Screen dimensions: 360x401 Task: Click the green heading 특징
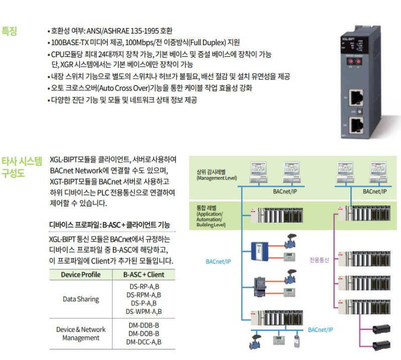pyautogui.click(x=10, y=31)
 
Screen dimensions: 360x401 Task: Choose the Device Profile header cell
pyautogui.click(x=81, y=275)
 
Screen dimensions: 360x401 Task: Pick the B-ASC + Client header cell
pyautogui.click(x=144, y=275)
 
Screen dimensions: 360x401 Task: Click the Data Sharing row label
pyautogui.click(x=81, y=299)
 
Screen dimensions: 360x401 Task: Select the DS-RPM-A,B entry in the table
pyautogui.click(x=144, y=295)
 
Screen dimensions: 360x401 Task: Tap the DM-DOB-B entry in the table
pyautogui.click(x=144, y=333)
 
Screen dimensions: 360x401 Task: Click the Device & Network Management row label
pyautogui.click(x=81, y=333)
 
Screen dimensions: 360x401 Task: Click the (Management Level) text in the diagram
pyautogui.click(x=217, y=178)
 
